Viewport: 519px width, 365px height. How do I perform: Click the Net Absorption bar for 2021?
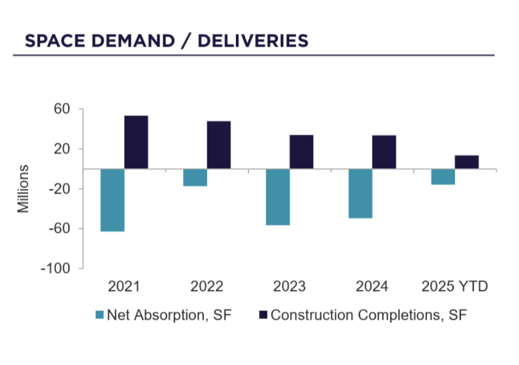tap(113, 200)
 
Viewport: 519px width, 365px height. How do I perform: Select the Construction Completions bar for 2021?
tap(136, 142)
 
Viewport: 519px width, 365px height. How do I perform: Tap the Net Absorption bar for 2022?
tap(195, 177)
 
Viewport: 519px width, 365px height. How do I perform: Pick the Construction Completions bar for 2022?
tap(219, 145)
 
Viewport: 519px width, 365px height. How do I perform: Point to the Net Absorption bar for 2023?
tap(278, 197)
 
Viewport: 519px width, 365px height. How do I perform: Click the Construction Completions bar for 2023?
tap(301, 152)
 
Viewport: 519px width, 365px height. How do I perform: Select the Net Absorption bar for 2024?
tap(361, 193)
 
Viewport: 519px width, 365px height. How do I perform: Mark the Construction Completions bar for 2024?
tap(384, 152)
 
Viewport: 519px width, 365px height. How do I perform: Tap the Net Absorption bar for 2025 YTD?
tap(443, 177)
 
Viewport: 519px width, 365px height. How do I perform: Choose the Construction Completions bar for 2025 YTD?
tap(467, 162)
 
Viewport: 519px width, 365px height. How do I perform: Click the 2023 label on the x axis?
tap(290, 286)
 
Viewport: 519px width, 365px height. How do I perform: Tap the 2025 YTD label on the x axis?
tap(455, 286)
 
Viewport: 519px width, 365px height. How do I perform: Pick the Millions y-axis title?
tap(24, 189)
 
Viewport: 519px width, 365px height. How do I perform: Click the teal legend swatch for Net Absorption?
tap(99, 315)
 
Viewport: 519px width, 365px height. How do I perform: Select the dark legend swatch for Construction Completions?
tap(264, 315)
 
